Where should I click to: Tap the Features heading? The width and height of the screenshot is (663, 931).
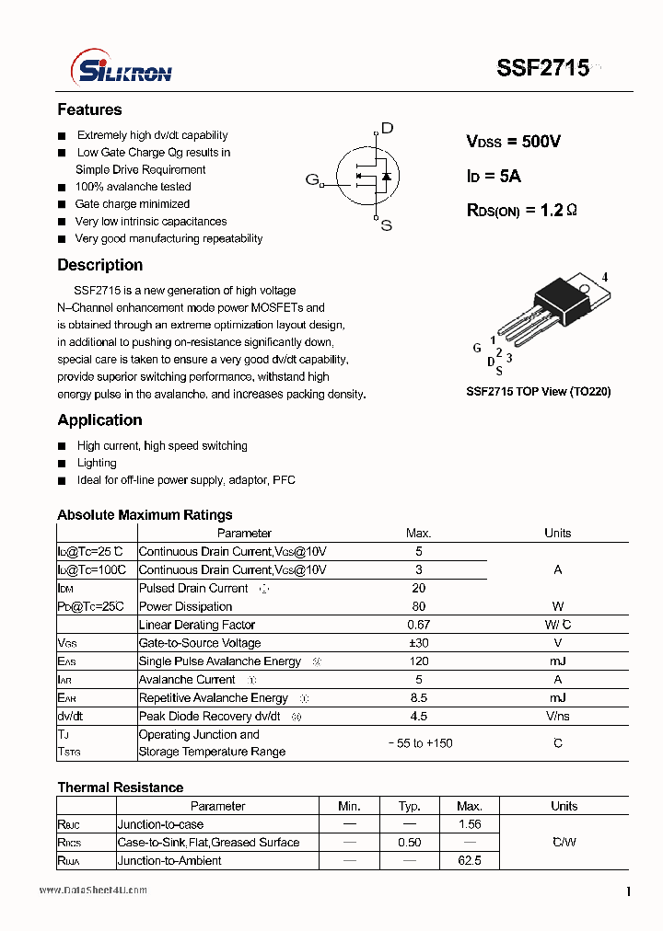point(89,110)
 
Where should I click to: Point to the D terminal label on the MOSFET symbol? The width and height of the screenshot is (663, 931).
point(387,129)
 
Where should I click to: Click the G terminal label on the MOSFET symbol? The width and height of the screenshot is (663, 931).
point(312,179)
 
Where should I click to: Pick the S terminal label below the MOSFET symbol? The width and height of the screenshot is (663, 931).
point(386,225)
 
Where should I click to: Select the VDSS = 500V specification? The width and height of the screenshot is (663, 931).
point(513,142)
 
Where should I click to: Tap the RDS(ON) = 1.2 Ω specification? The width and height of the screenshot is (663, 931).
point(522,211)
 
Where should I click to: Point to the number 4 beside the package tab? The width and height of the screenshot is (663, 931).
point(605,277)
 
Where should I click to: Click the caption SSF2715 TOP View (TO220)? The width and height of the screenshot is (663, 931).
point(538,392)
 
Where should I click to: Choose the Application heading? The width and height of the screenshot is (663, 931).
point(99,420)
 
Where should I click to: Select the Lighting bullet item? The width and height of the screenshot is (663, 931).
point(97,463)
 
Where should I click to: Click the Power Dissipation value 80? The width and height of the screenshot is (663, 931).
point(418,606)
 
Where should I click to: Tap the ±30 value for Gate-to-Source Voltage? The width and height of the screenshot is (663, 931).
point(418,643)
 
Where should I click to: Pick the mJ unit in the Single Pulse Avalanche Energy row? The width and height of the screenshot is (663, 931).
point(557,661)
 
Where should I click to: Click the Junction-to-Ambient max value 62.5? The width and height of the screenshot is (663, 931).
point(469,861)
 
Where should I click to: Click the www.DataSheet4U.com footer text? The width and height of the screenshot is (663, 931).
point(93,891)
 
